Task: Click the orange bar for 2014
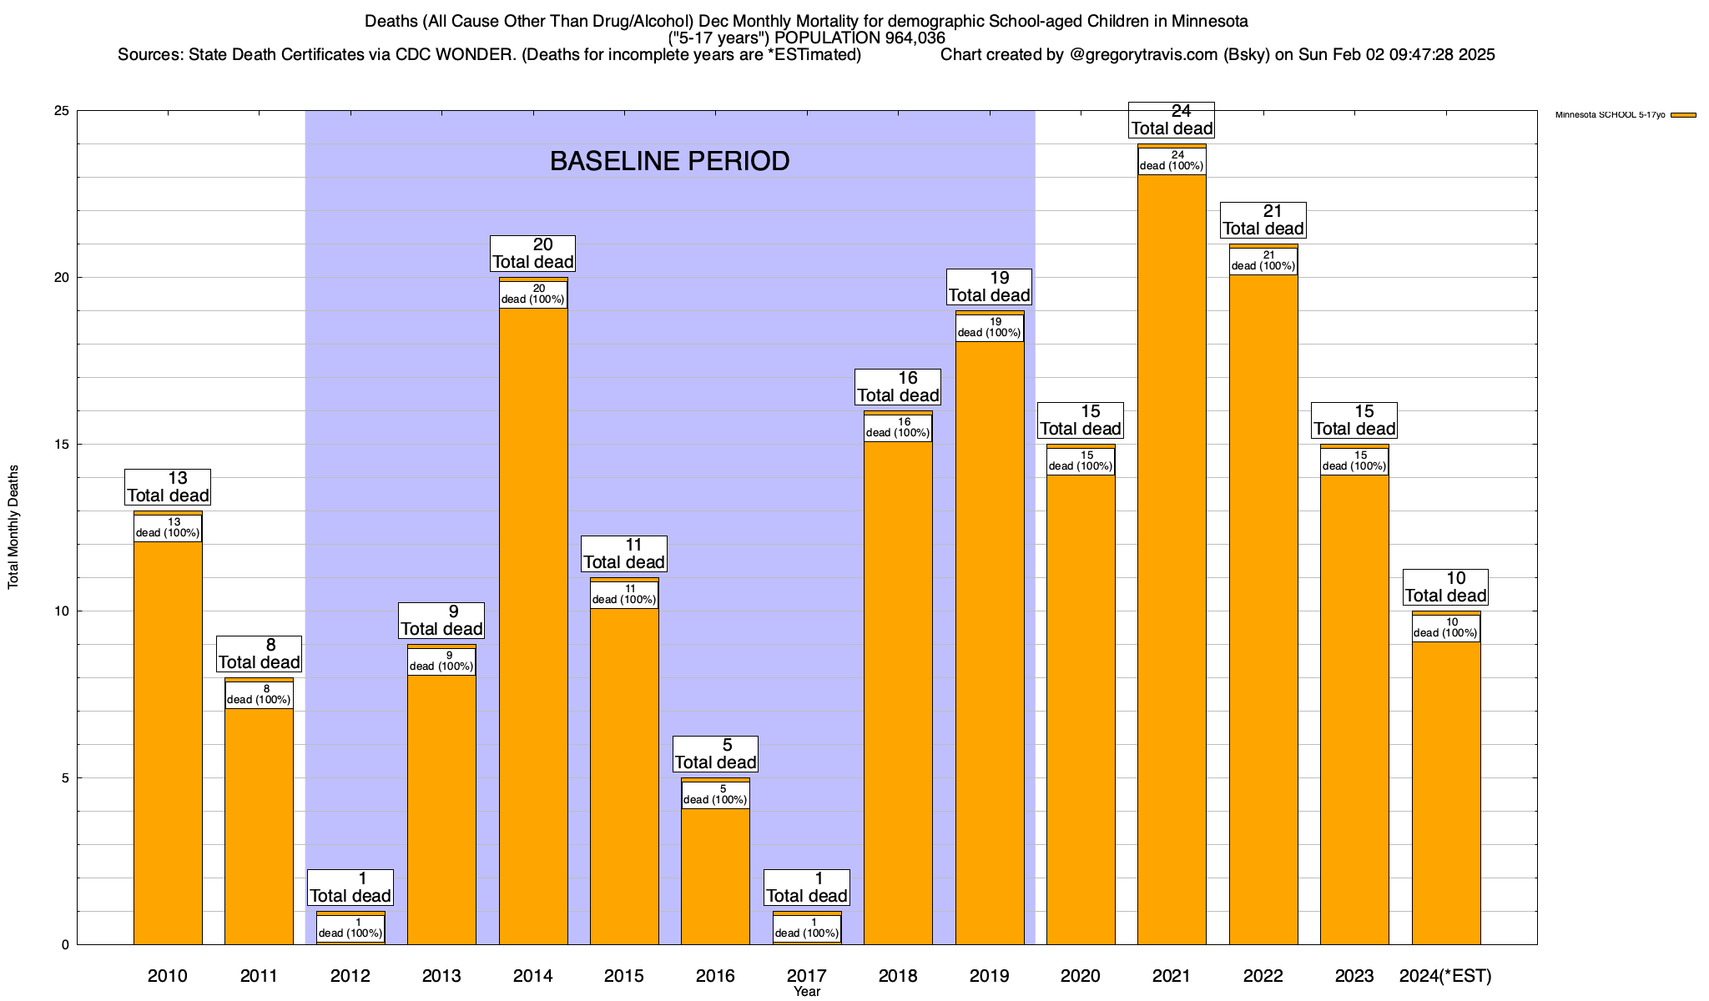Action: click(533, 626)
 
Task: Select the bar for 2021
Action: click(1172, 559)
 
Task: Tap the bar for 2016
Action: click(715, 876)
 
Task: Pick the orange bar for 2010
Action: click(168, 742)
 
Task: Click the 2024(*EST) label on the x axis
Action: click(1445, 976)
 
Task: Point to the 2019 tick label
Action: click(990, 976)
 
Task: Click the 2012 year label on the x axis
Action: click(350, 976)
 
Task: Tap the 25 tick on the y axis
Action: click(61, 111)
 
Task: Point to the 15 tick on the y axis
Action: click(61, 445)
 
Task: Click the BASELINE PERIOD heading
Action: click(669, 161)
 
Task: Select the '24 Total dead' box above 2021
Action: click(1172, 119)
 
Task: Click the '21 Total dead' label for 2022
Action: click(1263, 220)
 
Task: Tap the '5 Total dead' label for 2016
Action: click(715, 754)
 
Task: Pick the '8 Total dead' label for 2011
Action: click(259, 654)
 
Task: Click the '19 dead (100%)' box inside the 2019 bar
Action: click(990, 327)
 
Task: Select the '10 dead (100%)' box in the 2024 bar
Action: click(1446, 627)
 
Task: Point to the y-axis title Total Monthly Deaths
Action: click(13, 527)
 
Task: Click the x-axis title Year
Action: click(807, 992)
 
